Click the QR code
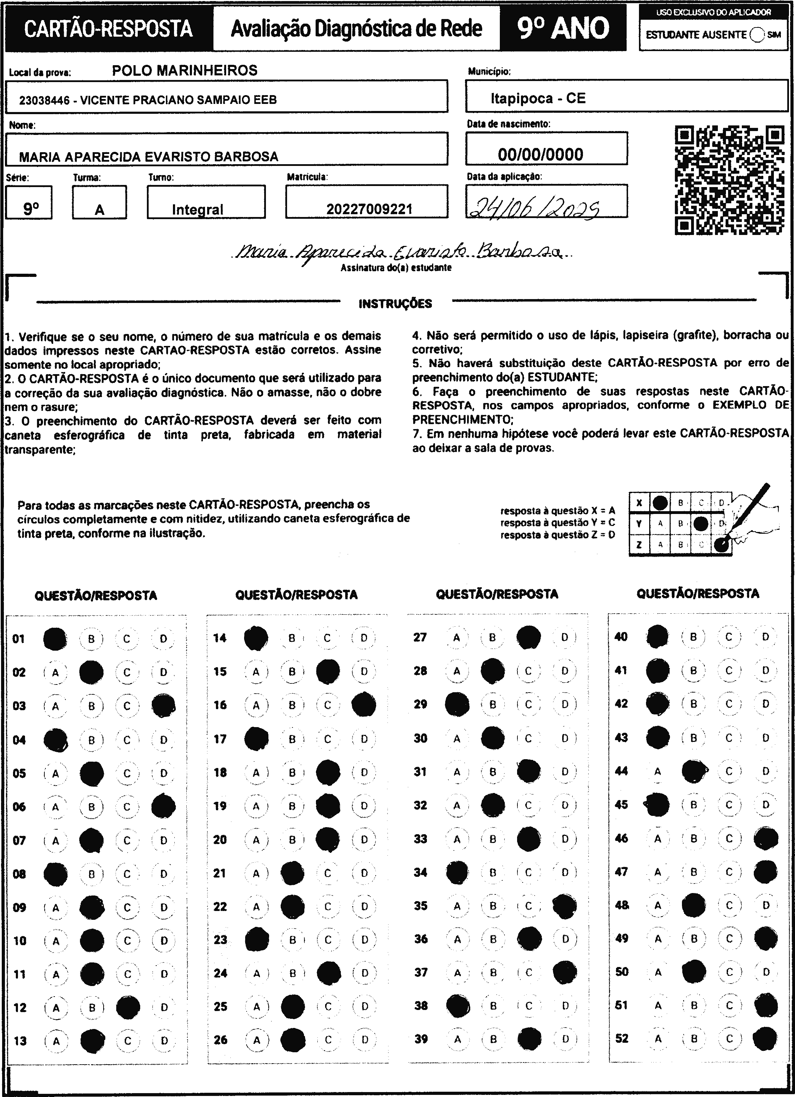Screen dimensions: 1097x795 pos(729,180)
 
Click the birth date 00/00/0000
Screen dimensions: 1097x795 pos(540,154)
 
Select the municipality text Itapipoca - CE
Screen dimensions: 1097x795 pos(538,98)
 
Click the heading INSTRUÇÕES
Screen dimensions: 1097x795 pos(395,304)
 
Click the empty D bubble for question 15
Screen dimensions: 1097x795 pos(364,671)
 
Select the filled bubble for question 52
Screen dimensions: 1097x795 pos(765,1038)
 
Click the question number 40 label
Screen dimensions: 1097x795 pos(621,637)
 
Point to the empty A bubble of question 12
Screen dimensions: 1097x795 pos(56,1008)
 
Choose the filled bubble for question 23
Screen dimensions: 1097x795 pos(257,940)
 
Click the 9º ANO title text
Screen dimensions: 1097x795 pos(563,28)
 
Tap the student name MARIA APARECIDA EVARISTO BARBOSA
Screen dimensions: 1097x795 pos(148,157)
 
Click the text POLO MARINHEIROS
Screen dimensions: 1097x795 pos(185,70)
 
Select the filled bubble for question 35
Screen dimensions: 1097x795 pos(564,906)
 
